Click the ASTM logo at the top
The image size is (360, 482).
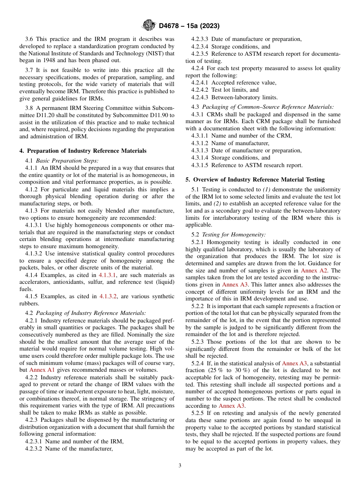pos(149,25)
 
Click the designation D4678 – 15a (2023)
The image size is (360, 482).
pos(189,26)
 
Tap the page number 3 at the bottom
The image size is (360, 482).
pos(180,465)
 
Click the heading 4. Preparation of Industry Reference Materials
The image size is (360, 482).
pos(83,151)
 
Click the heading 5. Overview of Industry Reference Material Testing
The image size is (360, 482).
pos(255,179)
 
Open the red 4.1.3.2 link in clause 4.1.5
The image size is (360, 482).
pos(108,296)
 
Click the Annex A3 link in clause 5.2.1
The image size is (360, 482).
pos(233,285)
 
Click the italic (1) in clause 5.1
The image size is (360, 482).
pos(266,189)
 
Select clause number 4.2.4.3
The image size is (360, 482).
pos(200,97)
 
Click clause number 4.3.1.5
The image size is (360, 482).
pos(200,165)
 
